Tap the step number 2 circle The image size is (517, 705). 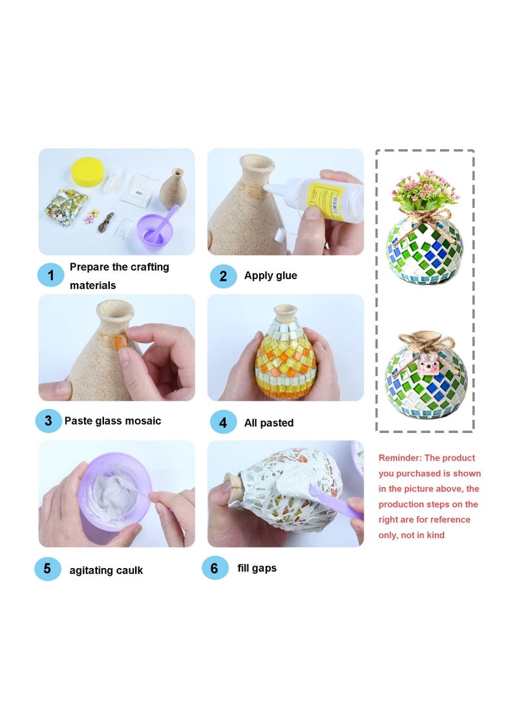coord(223,276)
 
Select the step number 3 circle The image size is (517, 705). coord(48,421)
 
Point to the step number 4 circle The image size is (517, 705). coord(223,423)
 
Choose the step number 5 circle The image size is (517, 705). coord(48,568)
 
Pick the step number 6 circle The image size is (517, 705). coord(215,568)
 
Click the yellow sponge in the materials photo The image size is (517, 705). coord(88,171)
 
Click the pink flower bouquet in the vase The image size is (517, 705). coord(425,190)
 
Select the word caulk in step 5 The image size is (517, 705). coord(129,570)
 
